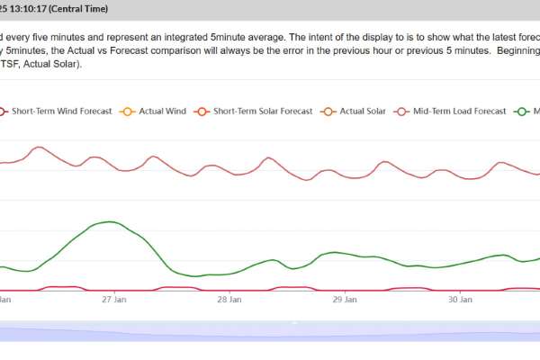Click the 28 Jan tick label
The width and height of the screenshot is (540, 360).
pyautogui.click(x=229, y=300)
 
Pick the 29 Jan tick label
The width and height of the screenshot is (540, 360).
pyautogui.click(x=345, y=300)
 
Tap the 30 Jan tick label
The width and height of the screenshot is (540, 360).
pyautogui.click(x=460, y=300)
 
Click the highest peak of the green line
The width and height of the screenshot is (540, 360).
pyautogui.click(x=110, y=221)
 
